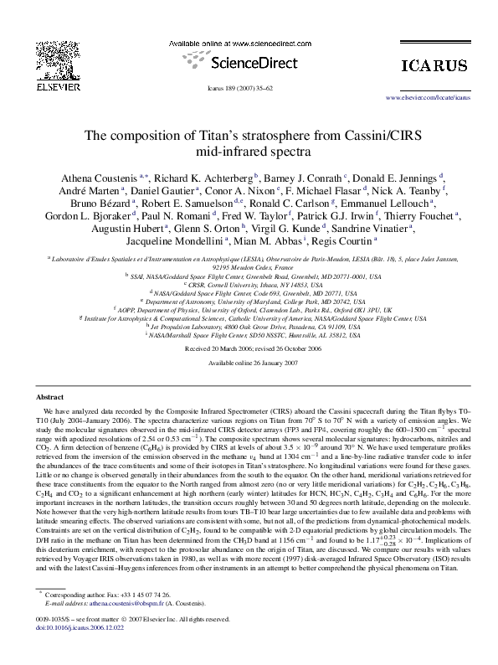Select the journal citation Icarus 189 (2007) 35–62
[249, 86]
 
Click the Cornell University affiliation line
[249, 284]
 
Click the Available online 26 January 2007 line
[249, 363]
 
